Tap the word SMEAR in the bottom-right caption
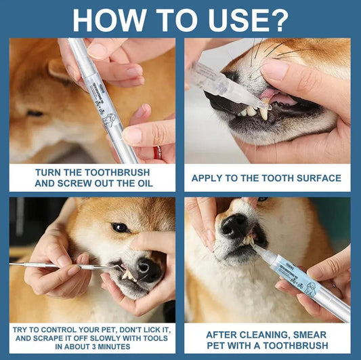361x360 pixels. pyautogui.click(x=315, y=335)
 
